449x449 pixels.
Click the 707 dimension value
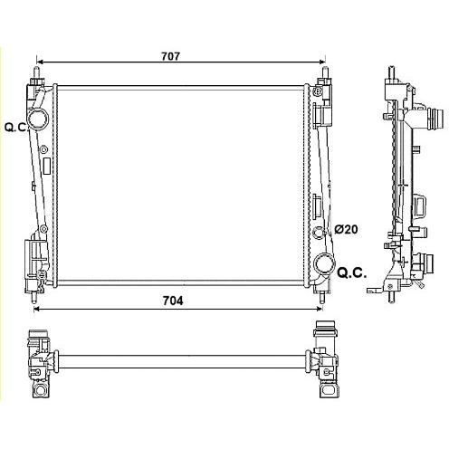[x=170, y=56]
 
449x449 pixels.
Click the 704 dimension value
[x=173, y=301]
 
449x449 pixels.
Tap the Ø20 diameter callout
[x=346, y=229]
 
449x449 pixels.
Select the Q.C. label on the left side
[x=16, y=128]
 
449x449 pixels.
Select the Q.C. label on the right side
[x=352, y=272]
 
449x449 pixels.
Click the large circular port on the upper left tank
[x=38, y=119]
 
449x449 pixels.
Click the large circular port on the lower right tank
[x=324, y=263]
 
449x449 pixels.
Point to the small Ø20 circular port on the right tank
[x=319, y=232]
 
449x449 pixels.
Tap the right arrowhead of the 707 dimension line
[x=321, y=62]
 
